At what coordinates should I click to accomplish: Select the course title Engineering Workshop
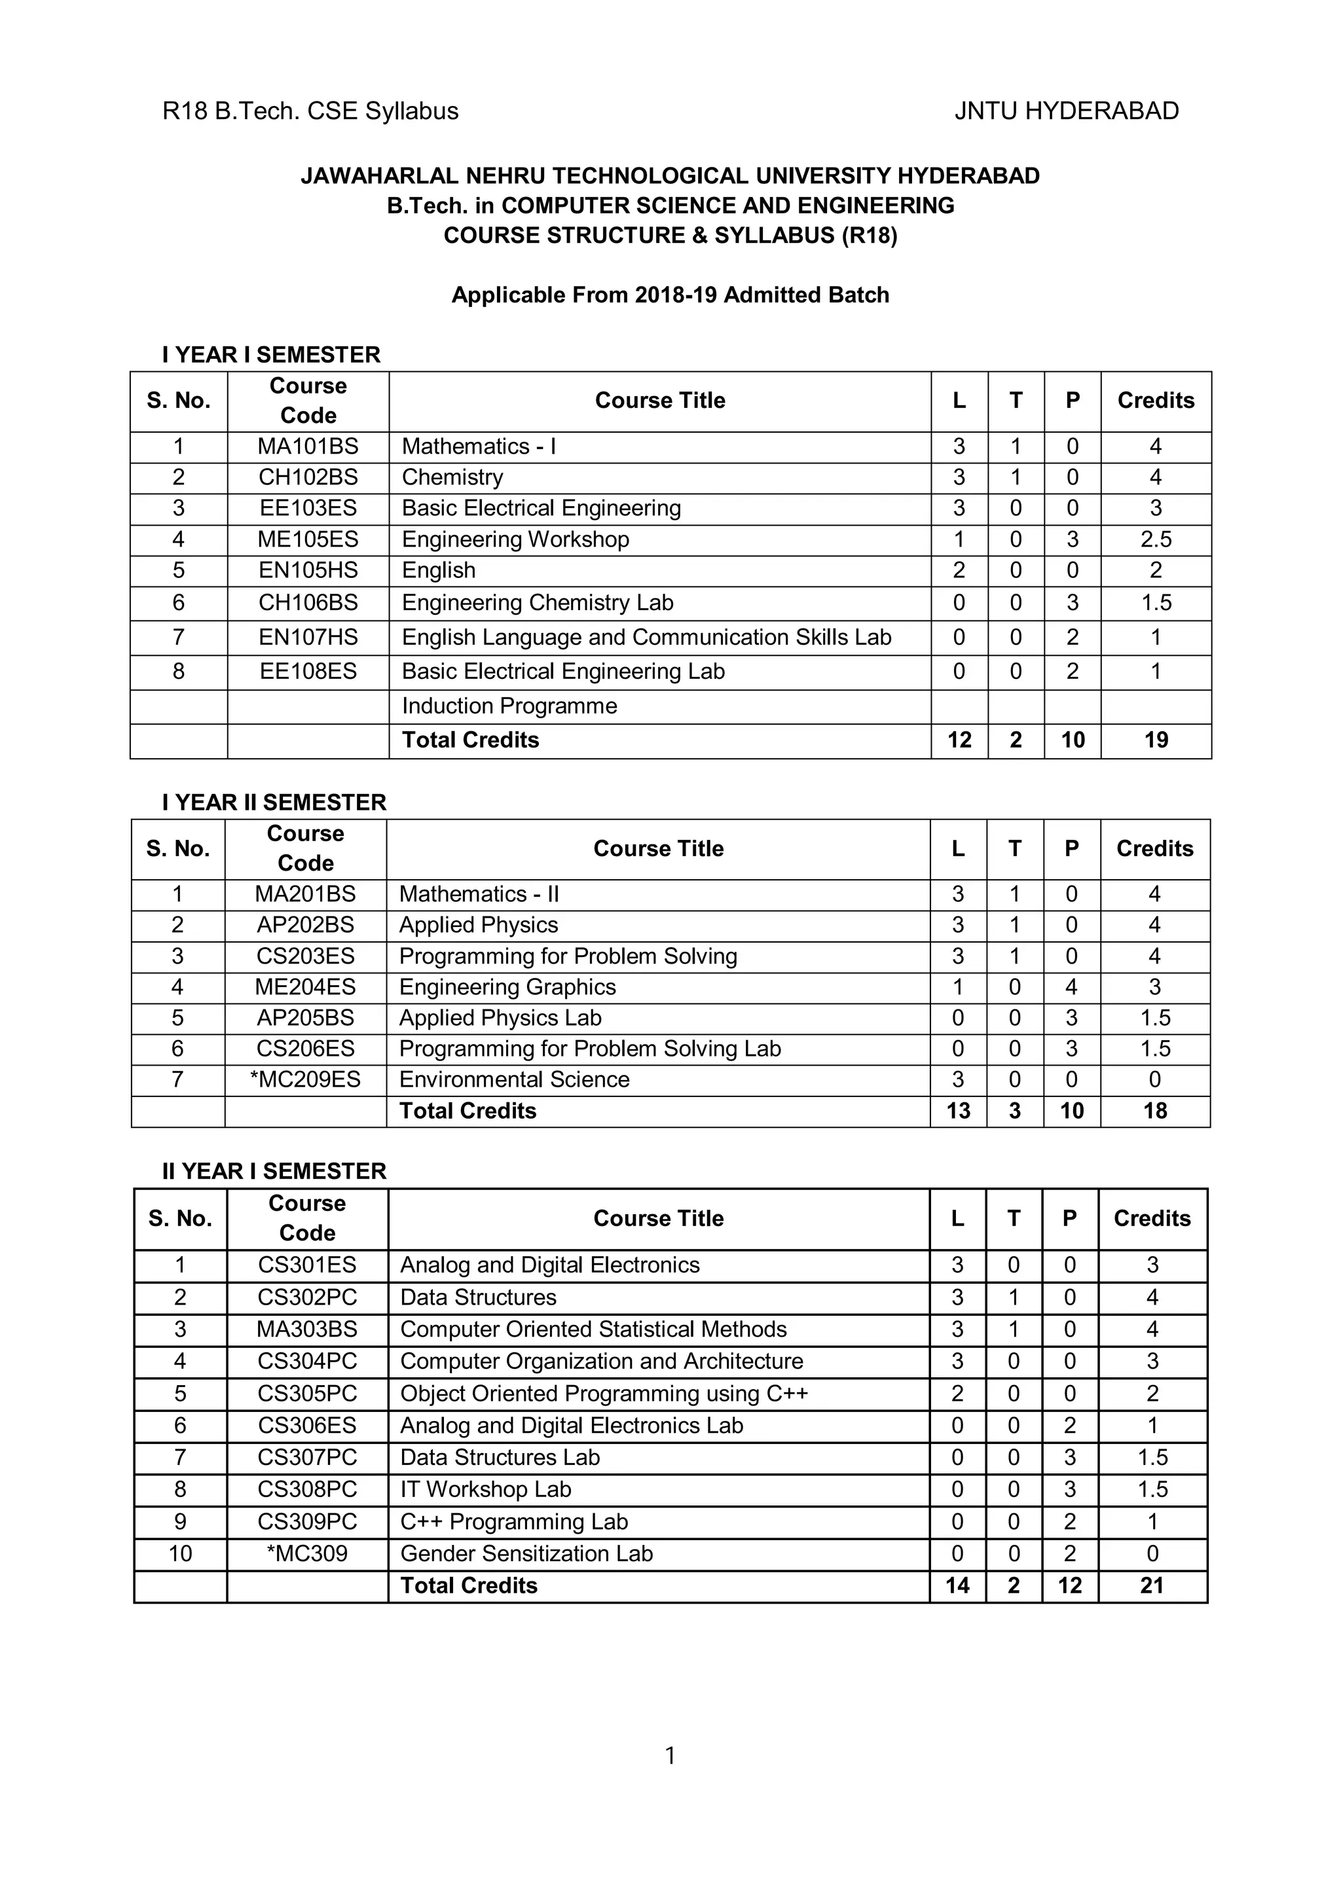point(515,539)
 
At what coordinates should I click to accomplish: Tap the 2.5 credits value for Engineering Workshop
point(1155,539)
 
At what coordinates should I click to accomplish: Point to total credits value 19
point(1155,740)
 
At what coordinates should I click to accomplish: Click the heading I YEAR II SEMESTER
point(274,803)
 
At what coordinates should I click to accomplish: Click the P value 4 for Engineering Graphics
point(1071,986)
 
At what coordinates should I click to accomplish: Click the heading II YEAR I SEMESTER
point(274,1171)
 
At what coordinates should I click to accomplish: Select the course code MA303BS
point(306,1329)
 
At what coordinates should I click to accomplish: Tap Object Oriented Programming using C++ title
point(603,1393)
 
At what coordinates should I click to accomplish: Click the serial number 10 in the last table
point(180,1553)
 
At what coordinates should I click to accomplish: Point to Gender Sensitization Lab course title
point(526,1553)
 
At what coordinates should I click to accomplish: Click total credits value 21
point(1152,1585)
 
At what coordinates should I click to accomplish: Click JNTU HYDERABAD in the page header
point(1066,111)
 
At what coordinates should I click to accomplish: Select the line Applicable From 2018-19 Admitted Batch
point(670,295)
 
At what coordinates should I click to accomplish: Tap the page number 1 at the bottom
point(670,1756)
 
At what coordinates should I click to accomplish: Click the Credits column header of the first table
point(1155,401)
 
